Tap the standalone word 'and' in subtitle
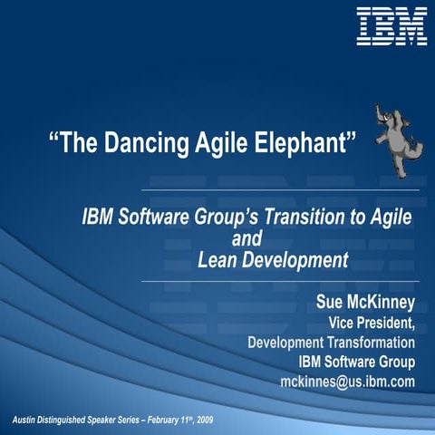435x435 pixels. coord(247,239)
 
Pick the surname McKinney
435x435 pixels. coord(381,302)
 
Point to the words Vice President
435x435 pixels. coord(372,323)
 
